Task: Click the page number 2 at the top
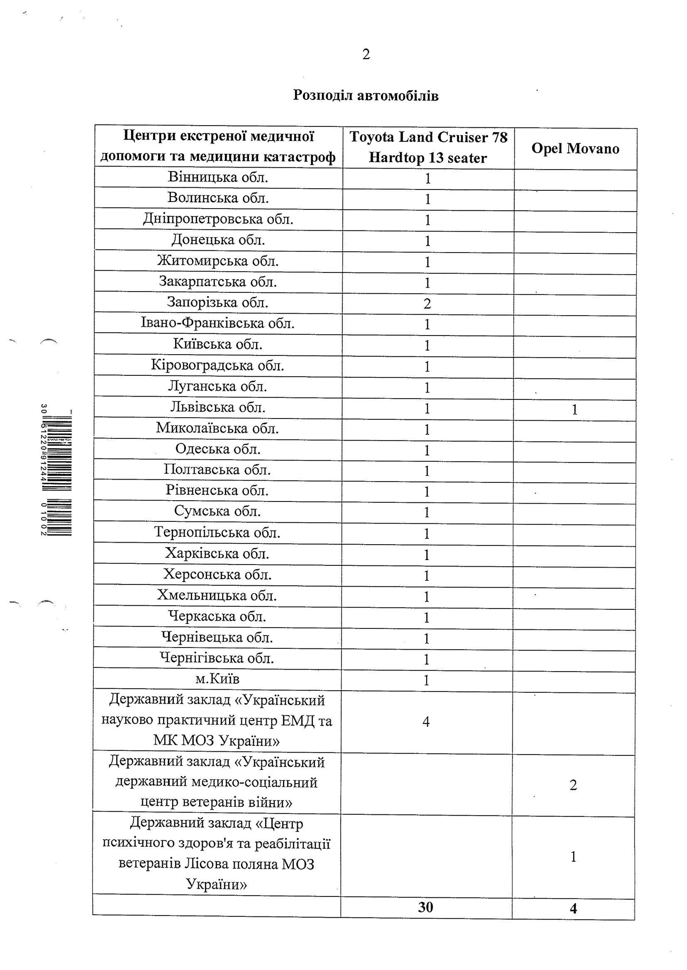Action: pos(366,54)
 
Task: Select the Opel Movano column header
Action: pos(575,148)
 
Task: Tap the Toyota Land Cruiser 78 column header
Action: pos(428,147)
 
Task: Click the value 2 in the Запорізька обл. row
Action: pos(427,303)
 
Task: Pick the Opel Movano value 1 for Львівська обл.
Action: pos(574,409)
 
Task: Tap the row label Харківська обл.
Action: pos(217,553)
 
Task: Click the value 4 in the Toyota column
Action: pos(426,721)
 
